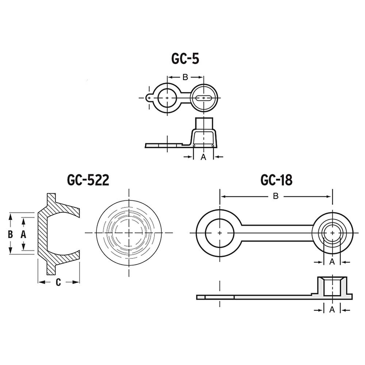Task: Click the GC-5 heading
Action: point(185,58)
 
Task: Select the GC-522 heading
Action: point(88,180)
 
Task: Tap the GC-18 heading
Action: point(276,180)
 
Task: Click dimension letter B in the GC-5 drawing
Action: point(185,77)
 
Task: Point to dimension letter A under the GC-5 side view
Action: point(203,157)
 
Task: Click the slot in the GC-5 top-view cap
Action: point(204,98)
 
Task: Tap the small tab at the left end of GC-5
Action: point(149,98)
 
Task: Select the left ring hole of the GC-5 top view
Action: point(167,98)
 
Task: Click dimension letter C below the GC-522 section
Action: point(58,282)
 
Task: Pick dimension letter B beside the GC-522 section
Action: point(10,234)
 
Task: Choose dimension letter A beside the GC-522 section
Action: point(23,234)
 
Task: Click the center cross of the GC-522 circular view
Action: point(129,233)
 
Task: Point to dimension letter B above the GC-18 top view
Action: point(276,196)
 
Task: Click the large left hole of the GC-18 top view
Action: point(220,233)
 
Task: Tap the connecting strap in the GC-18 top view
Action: point(277,233)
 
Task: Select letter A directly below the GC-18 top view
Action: point(332,262)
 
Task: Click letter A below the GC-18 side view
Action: point(332,310)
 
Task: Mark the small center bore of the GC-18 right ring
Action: point(333,233)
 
